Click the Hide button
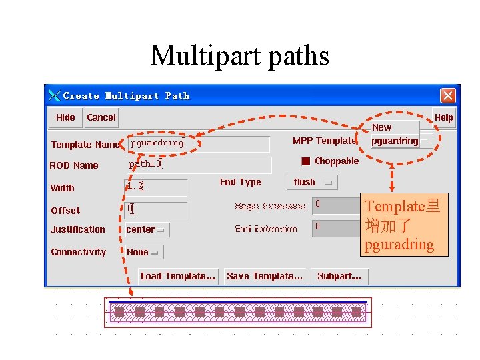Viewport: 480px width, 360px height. click(x=65, y=117)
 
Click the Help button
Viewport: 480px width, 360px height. click(x=444, y=117)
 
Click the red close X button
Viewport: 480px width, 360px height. click(x=448, y=95)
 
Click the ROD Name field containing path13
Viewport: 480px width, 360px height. click(x=199, y=165)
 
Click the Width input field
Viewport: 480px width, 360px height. click(x=156, y=187)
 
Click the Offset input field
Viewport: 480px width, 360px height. click(x=156, y=210)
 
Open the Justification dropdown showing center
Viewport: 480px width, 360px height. click(x=147, y=229)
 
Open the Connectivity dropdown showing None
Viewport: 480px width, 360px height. click(x=144, y=252)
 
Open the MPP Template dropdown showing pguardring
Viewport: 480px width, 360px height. click(x=401, y=141)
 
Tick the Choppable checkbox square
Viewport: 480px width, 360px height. click(x=305, y=161)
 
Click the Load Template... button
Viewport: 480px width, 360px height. click(x=178, y=276)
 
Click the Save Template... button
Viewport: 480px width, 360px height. click(x=265, y=276)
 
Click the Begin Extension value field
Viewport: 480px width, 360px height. click(x=336, y=205)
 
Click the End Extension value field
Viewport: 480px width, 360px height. click(x=336, y=227)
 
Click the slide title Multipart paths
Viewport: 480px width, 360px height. click(x=240, y=55)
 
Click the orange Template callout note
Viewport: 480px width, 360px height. click(x=402, y=225)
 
